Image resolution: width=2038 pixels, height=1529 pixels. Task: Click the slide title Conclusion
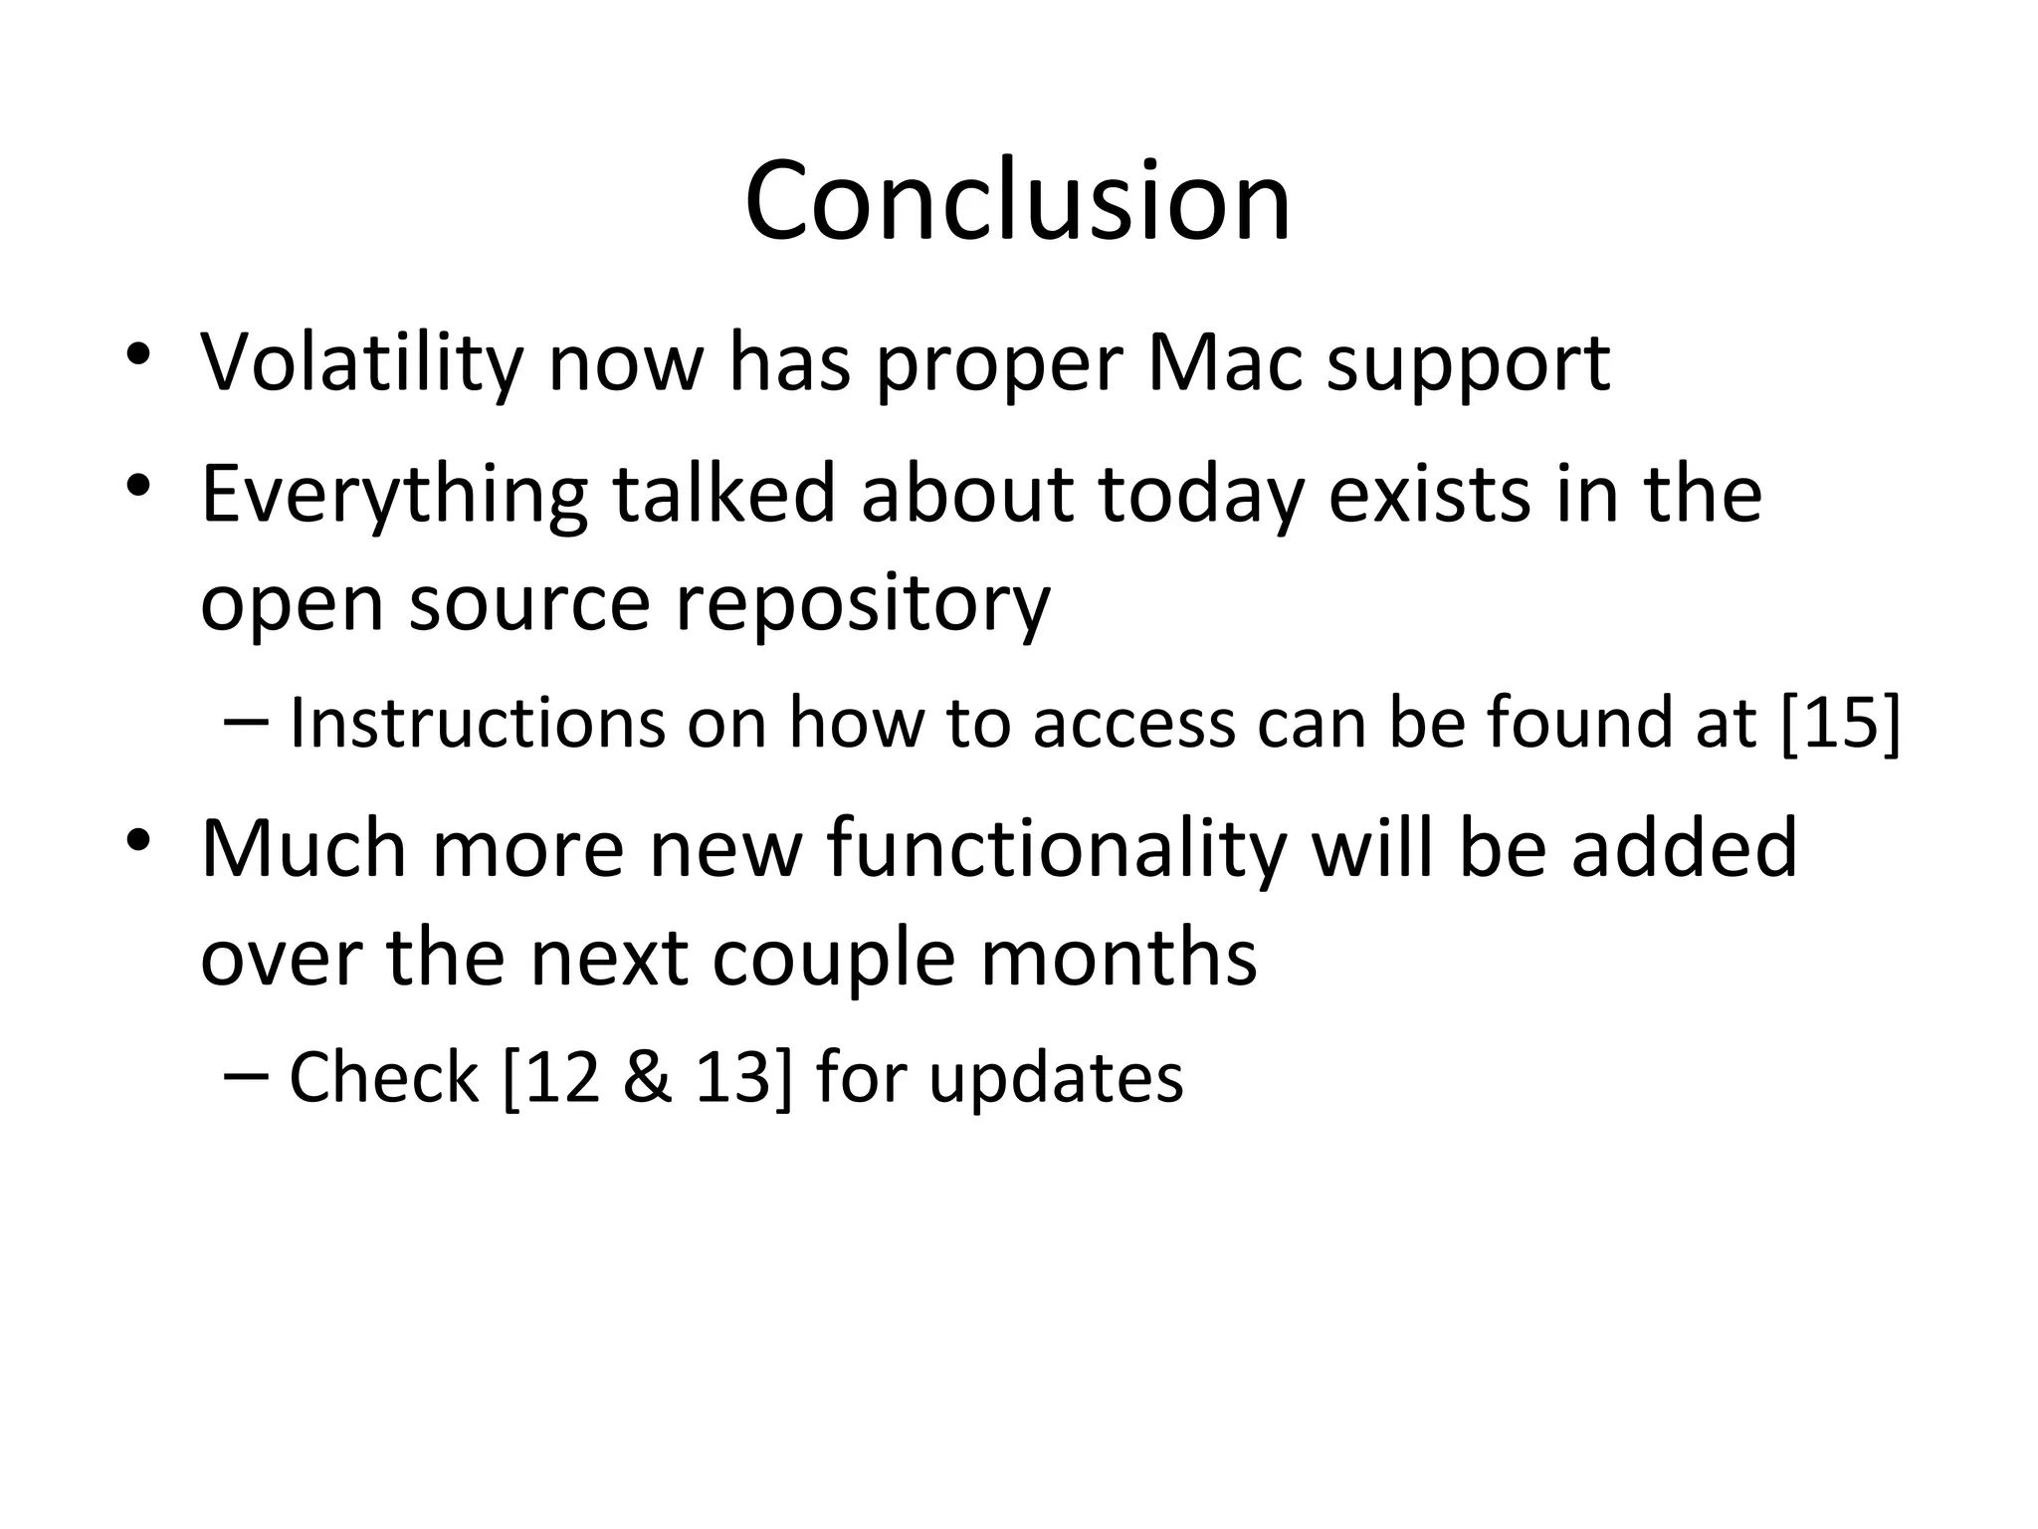1017,201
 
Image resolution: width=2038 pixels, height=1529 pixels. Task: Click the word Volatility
361,362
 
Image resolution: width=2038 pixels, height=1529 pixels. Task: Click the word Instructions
477,723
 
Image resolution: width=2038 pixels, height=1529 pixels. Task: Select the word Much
304,848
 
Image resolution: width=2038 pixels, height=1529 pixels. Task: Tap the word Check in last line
383,1078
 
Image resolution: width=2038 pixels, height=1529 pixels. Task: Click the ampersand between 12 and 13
647,1078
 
